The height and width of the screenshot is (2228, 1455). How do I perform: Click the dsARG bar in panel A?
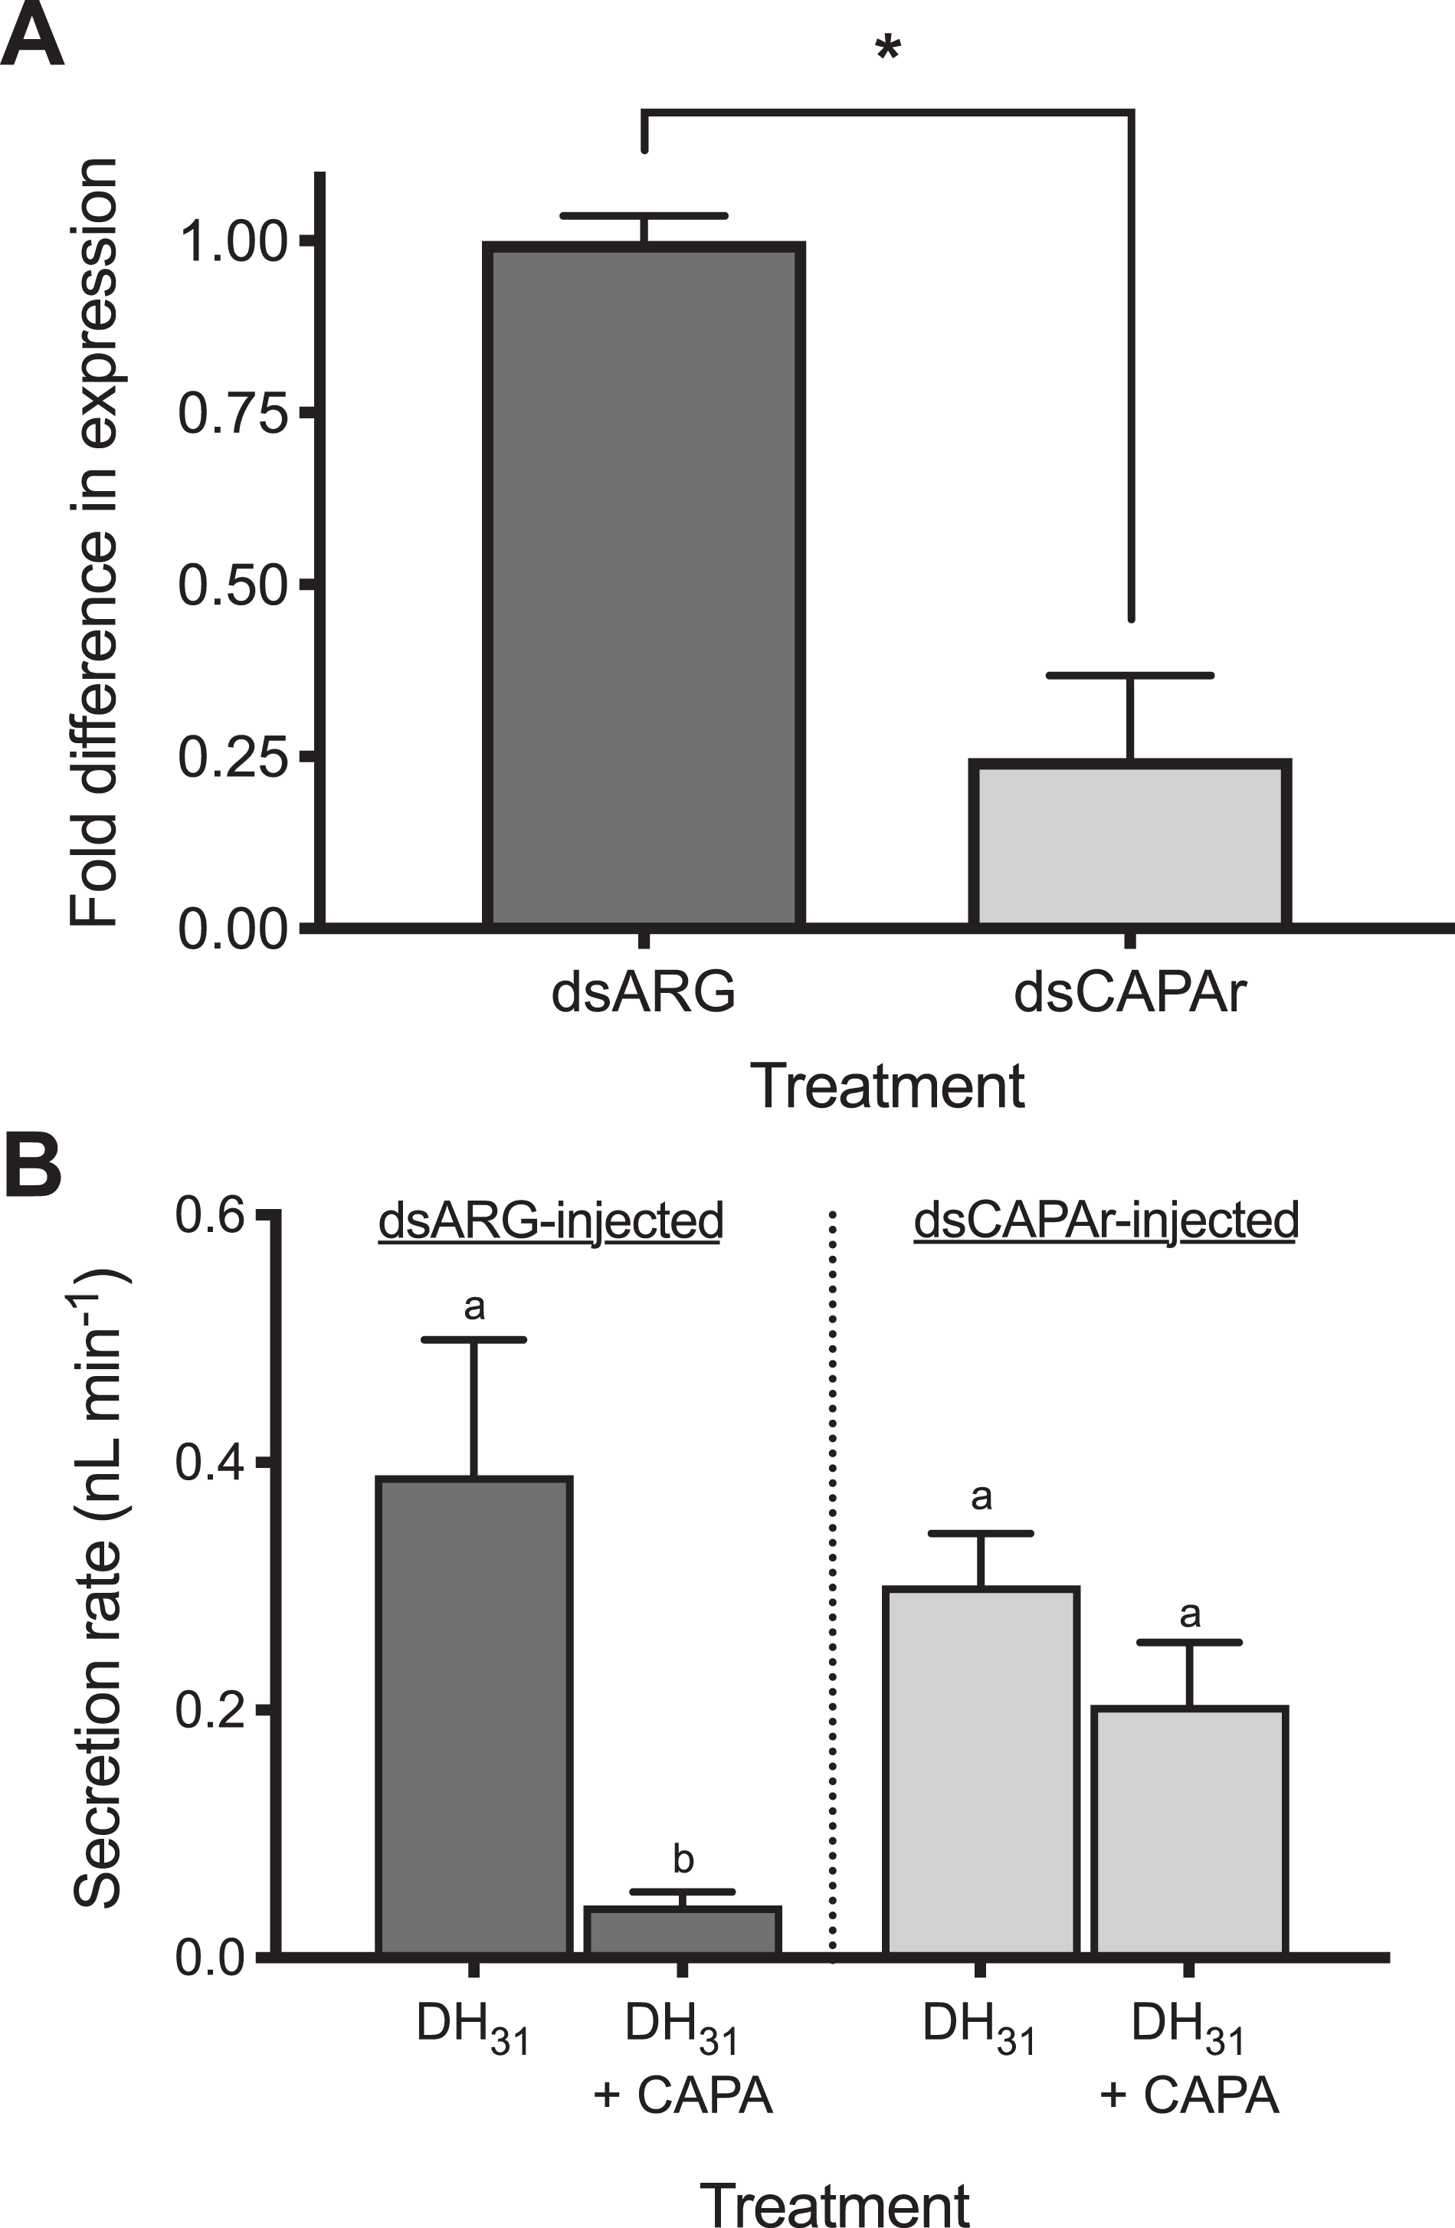click(x=644, y=585)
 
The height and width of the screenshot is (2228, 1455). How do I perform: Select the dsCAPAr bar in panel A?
click(x=1130, y=844)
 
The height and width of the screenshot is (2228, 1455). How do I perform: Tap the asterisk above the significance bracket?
click(x=886, y=49)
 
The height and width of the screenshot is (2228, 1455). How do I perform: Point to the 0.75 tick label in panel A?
click(x=232, y=413)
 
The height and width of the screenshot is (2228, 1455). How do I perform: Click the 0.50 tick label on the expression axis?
click(x=232, y=585)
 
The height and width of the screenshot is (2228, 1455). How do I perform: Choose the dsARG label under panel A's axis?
click(x=644, y=992)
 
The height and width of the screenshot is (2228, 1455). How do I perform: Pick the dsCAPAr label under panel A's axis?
click(x=1130, y=992)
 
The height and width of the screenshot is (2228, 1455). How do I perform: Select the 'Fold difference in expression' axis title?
click(x=93, y=543)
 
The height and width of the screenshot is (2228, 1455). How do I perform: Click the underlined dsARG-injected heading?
click(x=551, y=1220)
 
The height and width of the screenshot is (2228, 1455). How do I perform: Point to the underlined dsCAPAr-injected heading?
click(x=1106, y=1220)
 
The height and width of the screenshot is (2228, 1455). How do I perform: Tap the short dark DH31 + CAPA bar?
click(x=683, y=1931)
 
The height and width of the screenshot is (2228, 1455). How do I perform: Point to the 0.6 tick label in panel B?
click(x=210, y=1216)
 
